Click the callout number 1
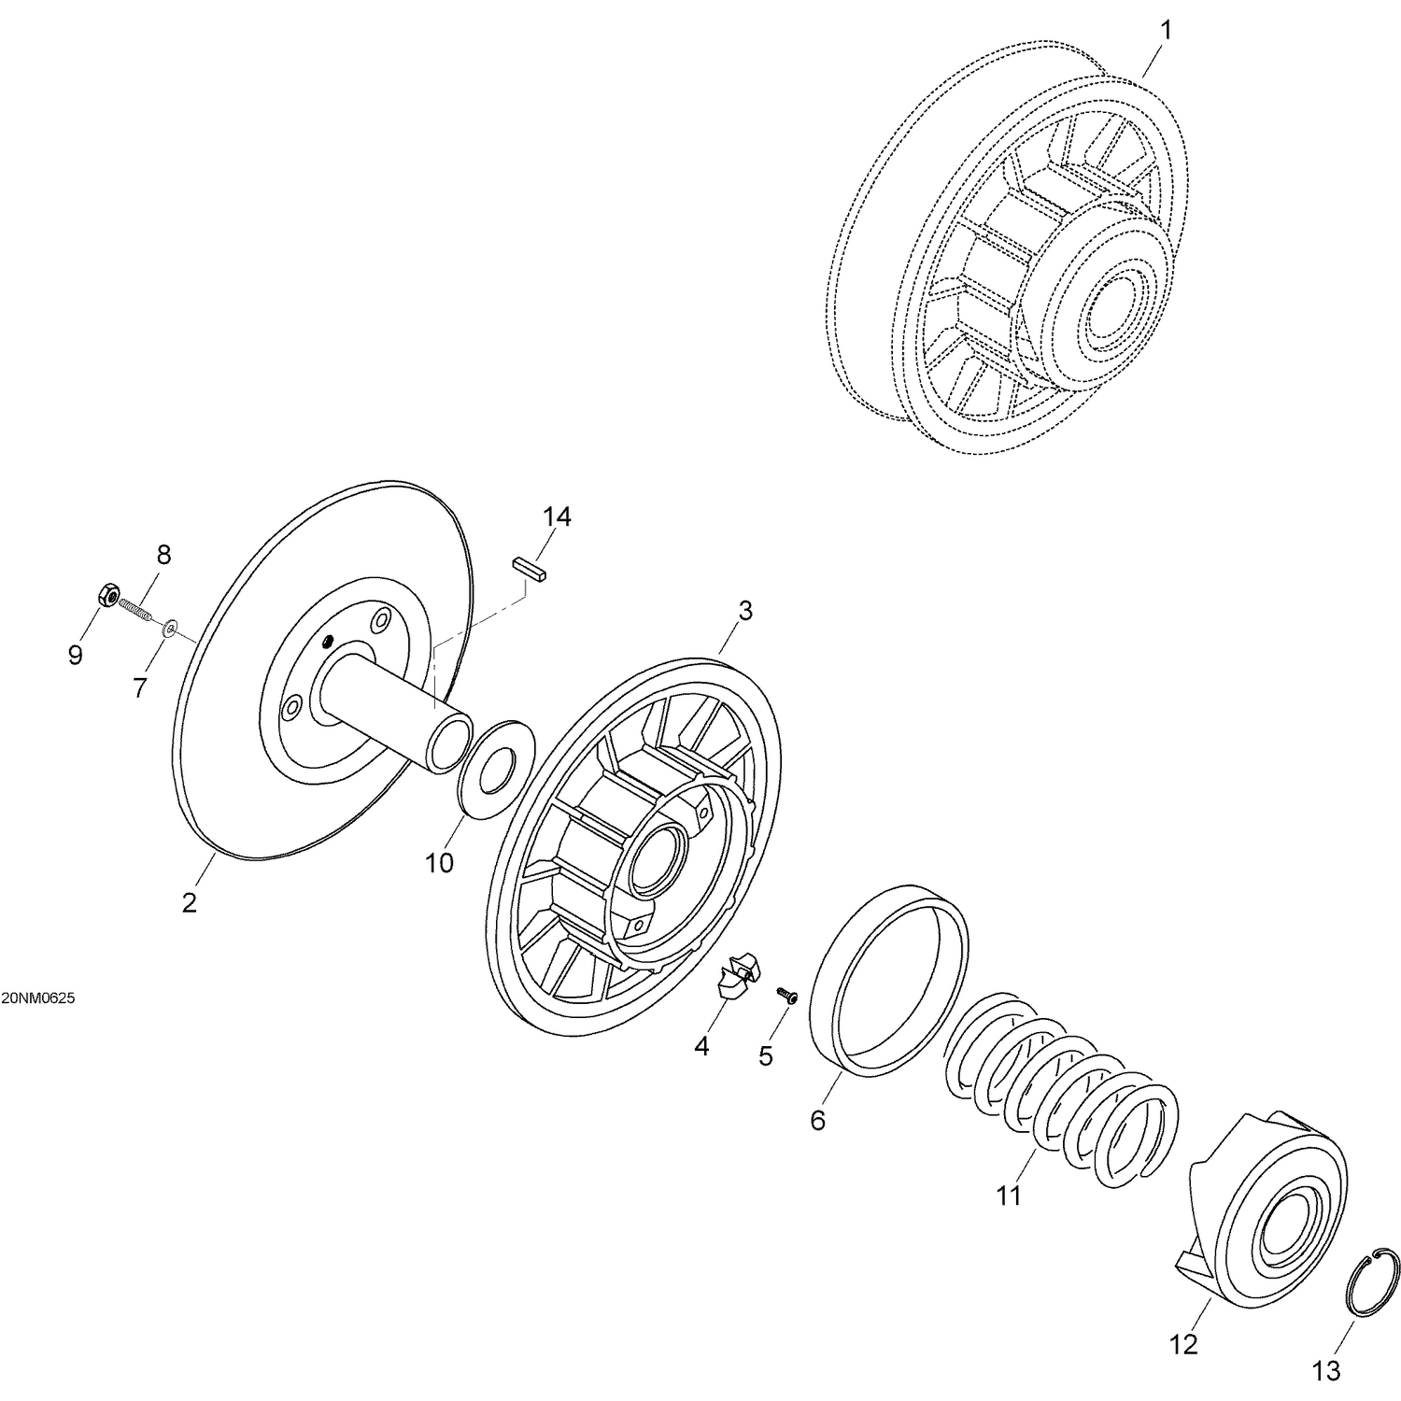[x=1165, y=30]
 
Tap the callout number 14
[x=557, y=517]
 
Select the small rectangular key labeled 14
[x=529, y=571]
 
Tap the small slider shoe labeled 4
[x=733, y=977]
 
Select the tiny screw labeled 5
[x=786, y=997]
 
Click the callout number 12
[x=1183, y=1345]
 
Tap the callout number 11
[x=1009, y=1196]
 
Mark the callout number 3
[x=744, y=611]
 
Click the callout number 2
[x=190, y=903]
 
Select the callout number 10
[x=439, y=863]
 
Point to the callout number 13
[x=1326, y=1371]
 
